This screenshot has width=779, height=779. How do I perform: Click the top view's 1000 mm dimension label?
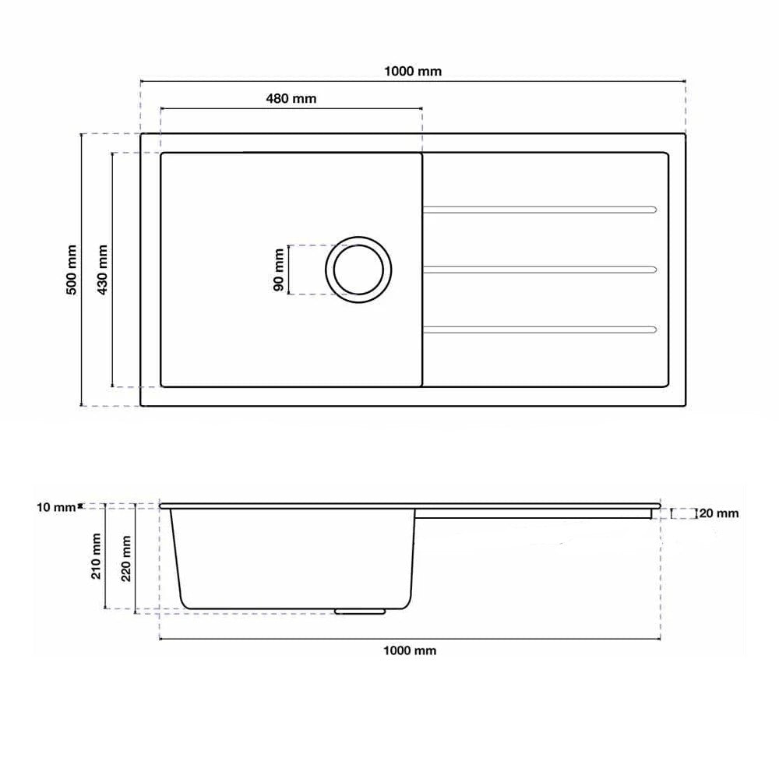pyautogui.click(x=413, y=71)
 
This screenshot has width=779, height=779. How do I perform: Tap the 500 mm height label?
pyautogui.click(x=71, y=270)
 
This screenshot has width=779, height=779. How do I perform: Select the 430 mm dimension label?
pyautogui.click(x=101, y=270)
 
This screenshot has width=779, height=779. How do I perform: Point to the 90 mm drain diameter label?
pyautogui.click(x=278, y=270)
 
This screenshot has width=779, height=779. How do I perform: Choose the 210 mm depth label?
pyautogui.click(x=97, y=556)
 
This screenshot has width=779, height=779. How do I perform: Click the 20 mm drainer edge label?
pyautogui.click(x=718, y=513)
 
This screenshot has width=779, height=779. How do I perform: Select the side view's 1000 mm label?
pyautogui.click(x=411, y=650)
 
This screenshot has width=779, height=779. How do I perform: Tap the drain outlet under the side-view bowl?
pyautogui.click(x=361, y=612)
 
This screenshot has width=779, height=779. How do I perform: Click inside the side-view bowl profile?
pyautogui.click(x=292, y=557)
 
